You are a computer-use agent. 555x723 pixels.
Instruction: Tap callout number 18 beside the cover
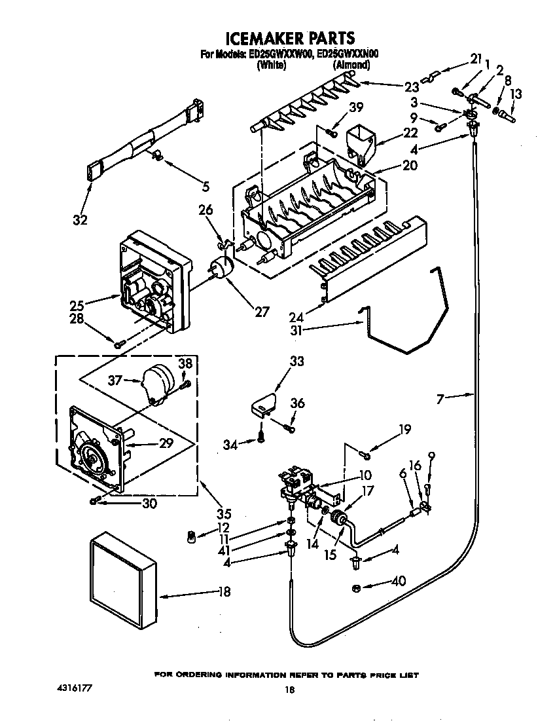pyautogui.click(x=224, y=593)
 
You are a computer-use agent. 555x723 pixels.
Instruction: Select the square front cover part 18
pyautogui.click(x=124, y=579)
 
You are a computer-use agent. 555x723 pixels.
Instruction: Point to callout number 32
pyautogui.click(x=79, y=220)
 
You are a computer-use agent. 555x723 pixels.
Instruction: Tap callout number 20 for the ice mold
pyautogui.click(x=410, y=166)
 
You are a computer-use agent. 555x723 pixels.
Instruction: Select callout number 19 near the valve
pyautogui.click(x=404, y=430)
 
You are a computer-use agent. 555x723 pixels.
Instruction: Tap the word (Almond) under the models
pyautogui.click(x=351, y=65)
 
